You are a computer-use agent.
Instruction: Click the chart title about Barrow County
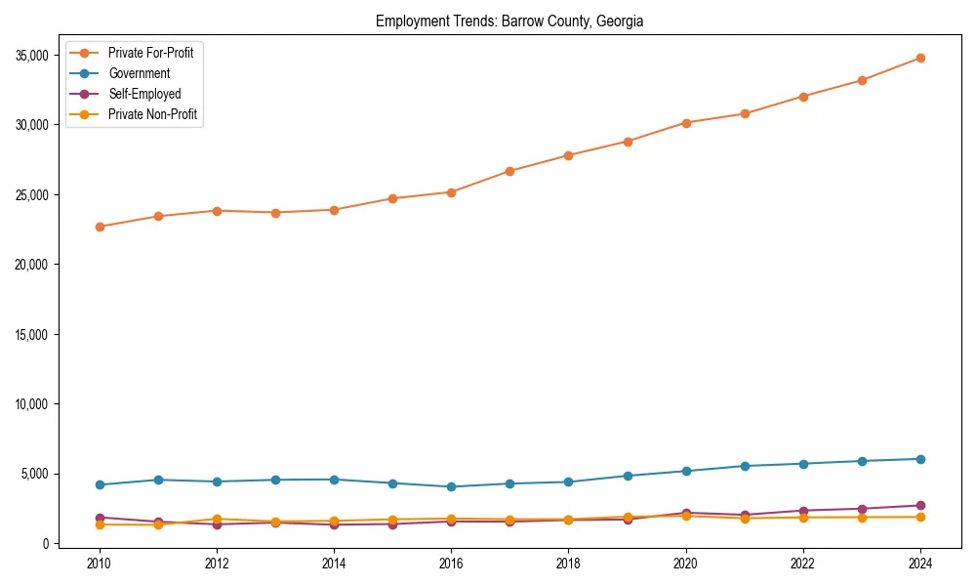(x=509, y=21)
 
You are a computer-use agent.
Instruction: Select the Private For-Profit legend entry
(x=150, y=53)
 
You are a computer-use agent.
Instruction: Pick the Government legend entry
(x=139, y=73)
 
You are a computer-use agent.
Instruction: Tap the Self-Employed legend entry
(x=144, y=94)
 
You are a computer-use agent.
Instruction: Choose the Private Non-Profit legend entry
(x=152, y=114)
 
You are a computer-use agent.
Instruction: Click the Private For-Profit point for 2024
(x=920, y=58)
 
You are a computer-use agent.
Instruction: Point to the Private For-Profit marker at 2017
(x=509, y=171)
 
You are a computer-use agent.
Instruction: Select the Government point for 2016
(x=451, y=486)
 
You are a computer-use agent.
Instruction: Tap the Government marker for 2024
(x=920, y=459)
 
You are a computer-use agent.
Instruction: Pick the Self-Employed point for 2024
(x=920, y=505)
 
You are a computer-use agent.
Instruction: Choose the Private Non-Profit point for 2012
(x=217, y=519)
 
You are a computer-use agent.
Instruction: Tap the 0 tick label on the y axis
(x=46, y=543)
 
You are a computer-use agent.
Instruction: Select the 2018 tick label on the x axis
(x=568, y=564)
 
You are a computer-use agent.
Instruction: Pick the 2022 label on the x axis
(x=803, y=564)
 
